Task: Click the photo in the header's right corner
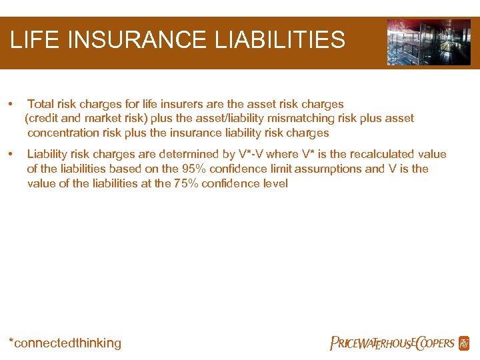[429, 42]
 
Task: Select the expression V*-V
[250, 155]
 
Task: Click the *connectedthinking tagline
[65, 343]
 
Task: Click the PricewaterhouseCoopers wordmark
[392, 343]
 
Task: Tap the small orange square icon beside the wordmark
[464, 343]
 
